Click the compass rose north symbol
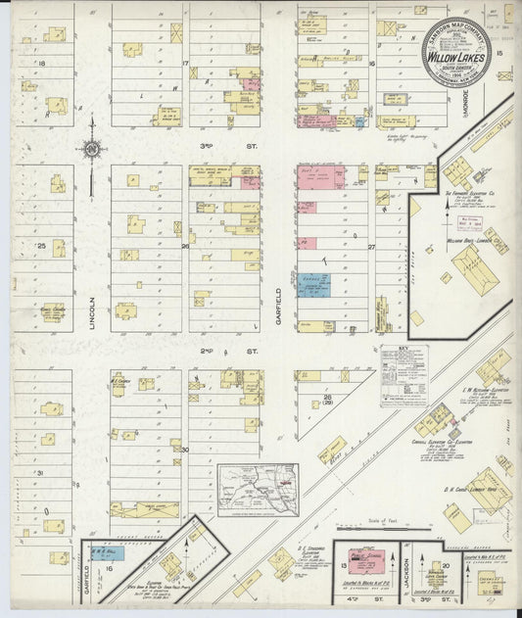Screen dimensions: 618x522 91,149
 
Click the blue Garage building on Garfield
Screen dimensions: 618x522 314,285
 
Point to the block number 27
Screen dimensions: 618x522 371,247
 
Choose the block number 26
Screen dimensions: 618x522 184,247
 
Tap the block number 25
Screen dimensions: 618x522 41,245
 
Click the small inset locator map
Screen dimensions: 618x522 258,488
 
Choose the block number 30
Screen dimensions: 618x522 184,449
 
